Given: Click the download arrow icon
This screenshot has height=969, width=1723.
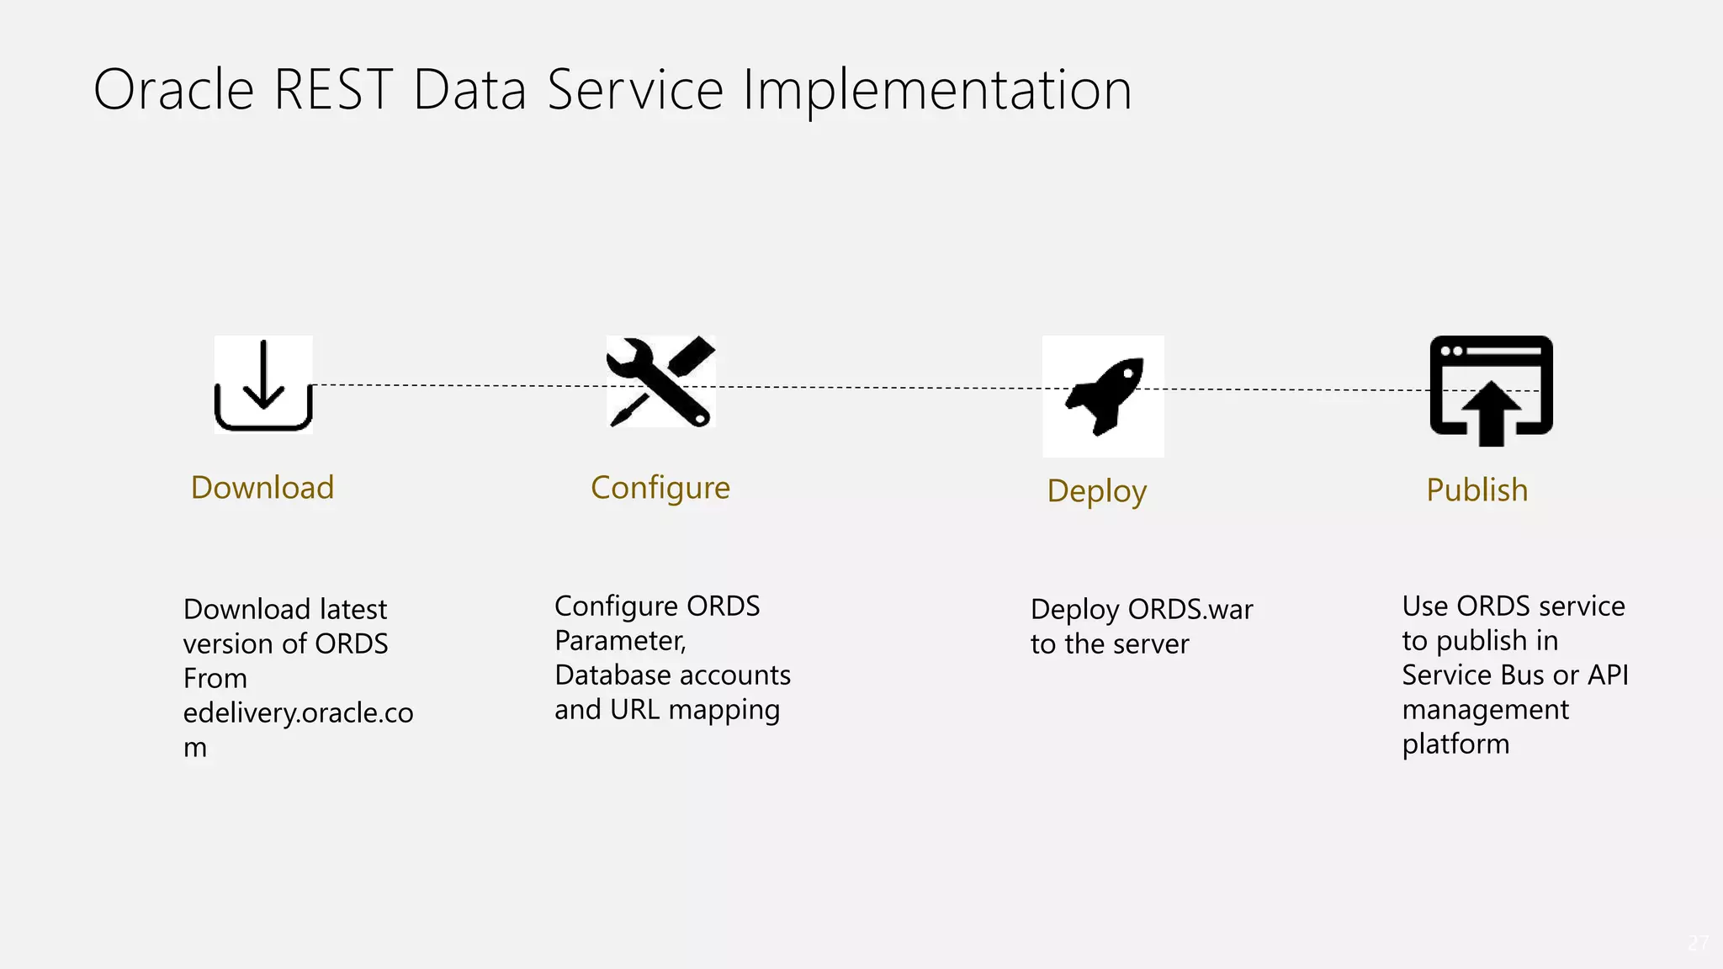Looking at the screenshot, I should click(263, 385).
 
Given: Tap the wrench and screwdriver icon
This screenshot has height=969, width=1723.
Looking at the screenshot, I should click(661, 382).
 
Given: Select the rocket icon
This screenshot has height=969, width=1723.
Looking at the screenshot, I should click(1104, 396).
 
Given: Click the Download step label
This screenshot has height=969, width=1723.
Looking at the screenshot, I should click(262, 488).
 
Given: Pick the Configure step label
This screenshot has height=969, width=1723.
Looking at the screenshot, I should click(660, 488).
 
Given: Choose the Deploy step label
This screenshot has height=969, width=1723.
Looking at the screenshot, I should click(1096, 491).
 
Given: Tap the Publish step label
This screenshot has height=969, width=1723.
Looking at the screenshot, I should click(1476, 490).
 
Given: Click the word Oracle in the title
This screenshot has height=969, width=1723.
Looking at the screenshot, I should click(173, 90).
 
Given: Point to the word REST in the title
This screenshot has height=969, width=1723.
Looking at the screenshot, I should click(333, 90).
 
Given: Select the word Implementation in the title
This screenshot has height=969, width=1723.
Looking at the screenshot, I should click(937, 90).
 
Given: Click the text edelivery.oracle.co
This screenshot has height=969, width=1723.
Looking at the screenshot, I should click(298, 712).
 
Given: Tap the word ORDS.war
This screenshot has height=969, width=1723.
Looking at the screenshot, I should click(1190, 609).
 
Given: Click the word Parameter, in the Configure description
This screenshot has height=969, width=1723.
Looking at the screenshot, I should click(620, 641).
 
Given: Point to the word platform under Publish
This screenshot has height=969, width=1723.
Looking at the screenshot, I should click(1455, 744).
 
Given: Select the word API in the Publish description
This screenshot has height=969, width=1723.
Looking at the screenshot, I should click(1608, 675).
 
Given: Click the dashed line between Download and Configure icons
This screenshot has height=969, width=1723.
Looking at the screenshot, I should click(459, 385).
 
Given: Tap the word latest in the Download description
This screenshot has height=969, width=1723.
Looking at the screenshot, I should click(353, 609).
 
